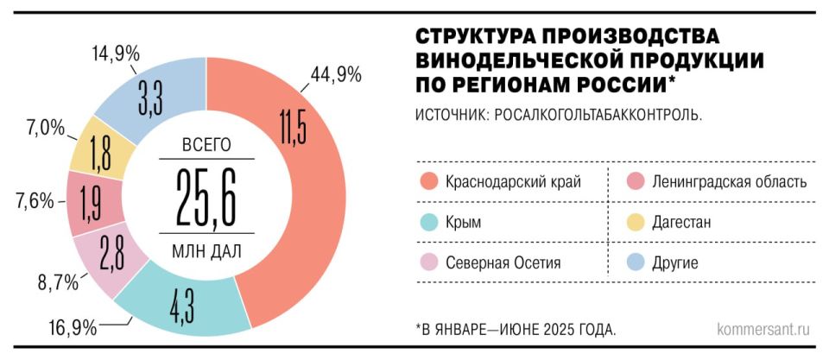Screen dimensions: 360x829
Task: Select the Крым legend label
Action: [463, 222]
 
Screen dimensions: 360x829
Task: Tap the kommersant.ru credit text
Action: [764, 329]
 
